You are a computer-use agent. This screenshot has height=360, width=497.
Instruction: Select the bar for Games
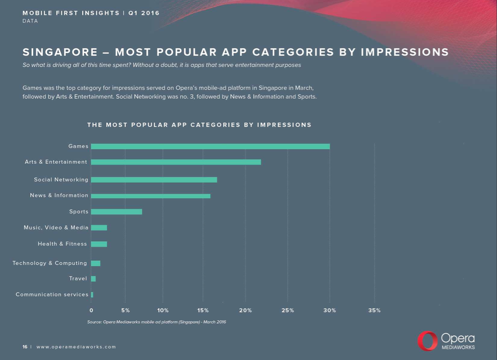tap(210, 146)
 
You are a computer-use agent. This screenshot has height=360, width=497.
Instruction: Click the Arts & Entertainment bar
tap(176, 162)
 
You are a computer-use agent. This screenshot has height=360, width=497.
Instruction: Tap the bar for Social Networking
tap(154, 180)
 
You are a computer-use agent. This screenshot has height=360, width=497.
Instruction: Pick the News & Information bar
tap(150, 196)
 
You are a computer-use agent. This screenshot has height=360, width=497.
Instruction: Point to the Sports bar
tap(116, 211)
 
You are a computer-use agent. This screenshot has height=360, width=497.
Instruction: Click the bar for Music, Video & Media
tap(99, 228)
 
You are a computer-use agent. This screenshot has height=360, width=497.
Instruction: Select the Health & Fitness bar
tap(99, 244)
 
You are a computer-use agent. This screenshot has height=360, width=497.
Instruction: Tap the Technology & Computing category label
tap(50, 263)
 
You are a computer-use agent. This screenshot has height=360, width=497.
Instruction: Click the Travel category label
tap(78, 279)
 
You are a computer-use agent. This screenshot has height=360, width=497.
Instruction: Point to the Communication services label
tap(52, 295)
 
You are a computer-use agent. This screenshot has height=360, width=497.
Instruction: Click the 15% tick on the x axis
tap(203, 310)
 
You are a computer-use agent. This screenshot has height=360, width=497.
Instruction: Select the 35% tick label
tap(375, 310)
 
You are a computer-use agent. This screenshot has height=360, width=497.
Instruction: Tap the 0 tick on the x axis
tap(91, 310)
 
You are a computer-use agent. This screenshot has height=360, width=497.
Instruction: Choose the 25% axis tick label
tap(288, 310)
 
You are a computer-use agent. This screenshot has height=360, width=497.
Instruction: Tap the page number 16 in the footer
tap(25, 347)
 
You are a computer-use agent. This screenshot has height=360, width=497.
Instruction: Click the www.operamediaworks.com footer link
tap(76, 347)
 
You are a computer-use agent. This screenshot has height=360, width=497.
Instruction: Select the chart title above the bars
tap(199, 125)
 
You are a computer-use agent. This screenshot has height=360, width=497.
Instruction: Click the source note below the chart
tap(156, 322)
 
